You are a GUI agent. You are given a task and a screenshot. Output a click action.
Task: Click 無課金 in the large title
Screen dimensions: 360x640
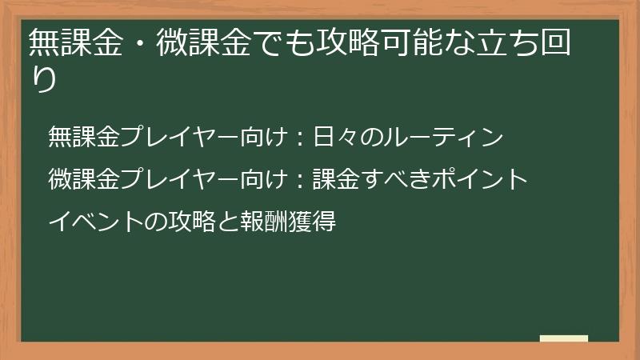[x=73, y=43]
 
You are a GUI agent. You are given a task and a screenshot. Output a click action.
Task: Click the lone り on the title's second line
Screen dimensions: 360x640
[x=43, y=80]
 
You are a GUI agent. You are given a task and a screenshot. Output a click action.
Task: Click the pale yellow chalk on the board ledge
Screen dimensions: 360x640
[x=564, y=338]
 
